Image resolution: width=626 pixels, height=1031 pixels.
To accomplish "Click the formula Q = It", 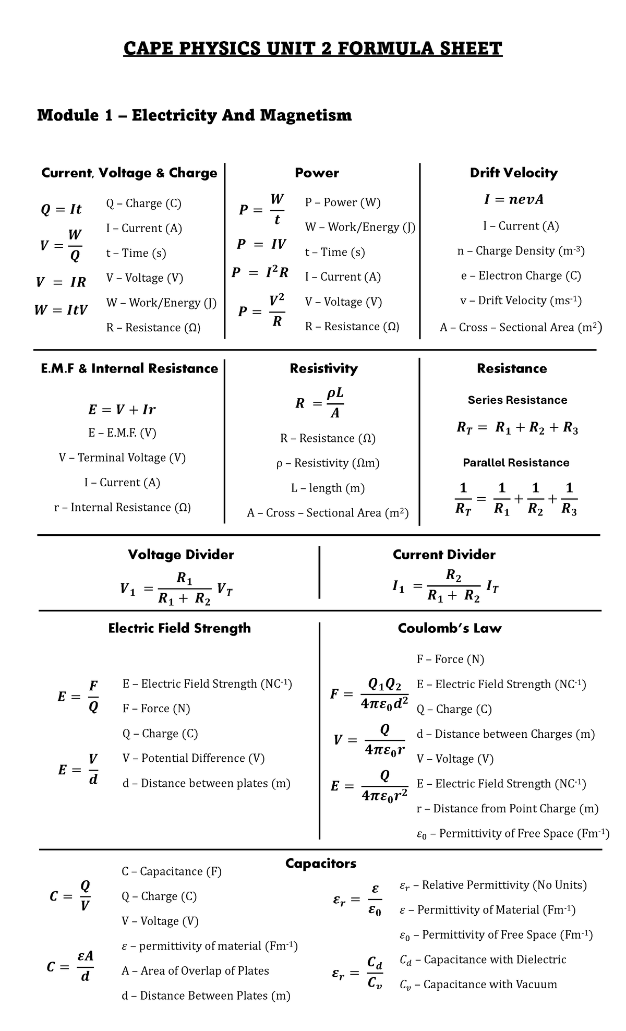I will click(61, 209).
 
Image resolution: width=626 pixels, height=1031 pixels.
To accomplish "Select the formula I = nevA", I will click(514, 200).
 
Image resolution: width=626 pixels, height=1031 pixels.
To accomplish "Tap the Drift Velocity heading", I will click(513, 173).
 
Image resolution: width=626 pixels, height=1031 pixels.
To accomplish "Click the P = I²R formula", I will click(260, 272).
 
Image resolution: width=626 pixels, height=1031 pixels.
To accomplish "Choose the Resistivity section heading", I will click(323, 369).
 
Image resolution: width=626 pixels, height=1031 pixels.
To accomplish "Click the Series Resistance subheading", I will click(517, 400).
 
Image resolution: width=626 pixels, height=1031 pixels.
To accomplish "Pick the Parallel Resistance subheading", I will click(516, 463).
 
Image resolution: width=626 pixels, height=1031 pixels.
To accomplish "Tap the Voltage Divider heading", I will click(180, 555).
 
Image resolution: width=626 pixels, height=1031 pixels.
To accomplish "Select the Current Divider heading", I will click(444, 555).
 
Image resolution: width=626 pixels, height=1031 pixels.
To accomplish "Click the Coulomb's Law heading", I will click(449, 628).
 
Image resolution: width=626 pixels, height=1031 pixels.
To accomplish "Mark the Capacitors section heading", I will click(320, 864).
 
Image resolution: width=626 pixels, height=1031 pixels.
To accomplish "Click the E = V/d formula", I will click(78, 770).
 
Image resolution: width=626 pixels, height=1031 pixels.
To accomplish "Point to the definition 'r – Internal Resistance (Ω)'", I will click(122, 507).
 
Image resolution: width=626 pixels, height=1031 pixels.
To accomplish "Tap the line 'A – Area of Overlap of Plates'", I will click(195, 970).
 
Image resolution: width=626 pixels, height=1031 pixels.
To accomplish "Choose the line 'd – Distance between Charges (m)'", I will click(505, 734).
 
